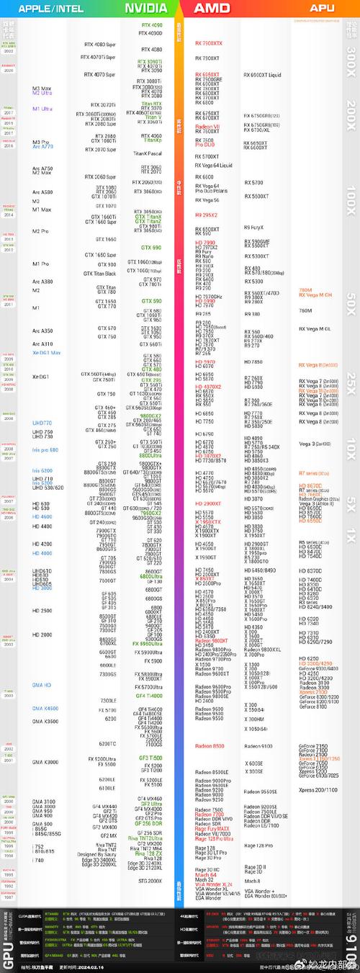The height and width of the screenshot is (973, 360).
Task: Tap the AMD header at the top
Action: pos(212,8)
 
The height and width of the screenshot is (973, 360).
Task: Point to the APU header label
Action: pos(322,8)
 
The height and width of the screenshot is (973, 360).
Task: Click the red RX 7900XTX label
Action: pos(209,43)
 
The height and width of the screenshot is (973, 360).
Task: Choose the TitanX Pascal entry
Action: pos(148,153)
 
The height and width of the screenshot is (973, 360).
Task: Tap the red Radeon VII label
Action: pos(207,127)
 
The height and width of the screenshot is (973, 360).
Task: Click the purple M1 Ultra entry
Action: pos(43,109)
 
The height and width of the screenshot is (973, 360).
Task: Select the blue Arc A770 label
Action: pos(42,146)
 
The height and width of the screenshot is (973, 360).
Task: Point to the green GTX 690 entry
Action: pos(151,247)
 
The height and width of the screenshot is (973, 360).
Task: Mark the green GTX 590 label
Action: pos(151,301)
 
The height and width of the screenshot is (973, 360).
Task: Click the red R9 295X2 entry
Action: pos(206,215)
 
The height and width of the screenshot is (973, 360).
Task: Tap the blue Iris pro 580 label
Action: pos(44,449)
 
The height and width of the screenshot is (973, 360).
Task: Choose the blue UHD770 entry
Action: pos(42,423)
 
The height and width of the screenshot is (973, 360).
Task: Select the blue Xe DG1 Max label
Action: pos(47,353)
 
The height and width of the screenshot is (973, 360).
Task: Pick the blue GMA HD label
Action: pos(41,685)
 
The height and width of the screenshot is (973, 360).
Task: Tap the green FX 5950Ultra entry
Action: pos(148,643)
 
